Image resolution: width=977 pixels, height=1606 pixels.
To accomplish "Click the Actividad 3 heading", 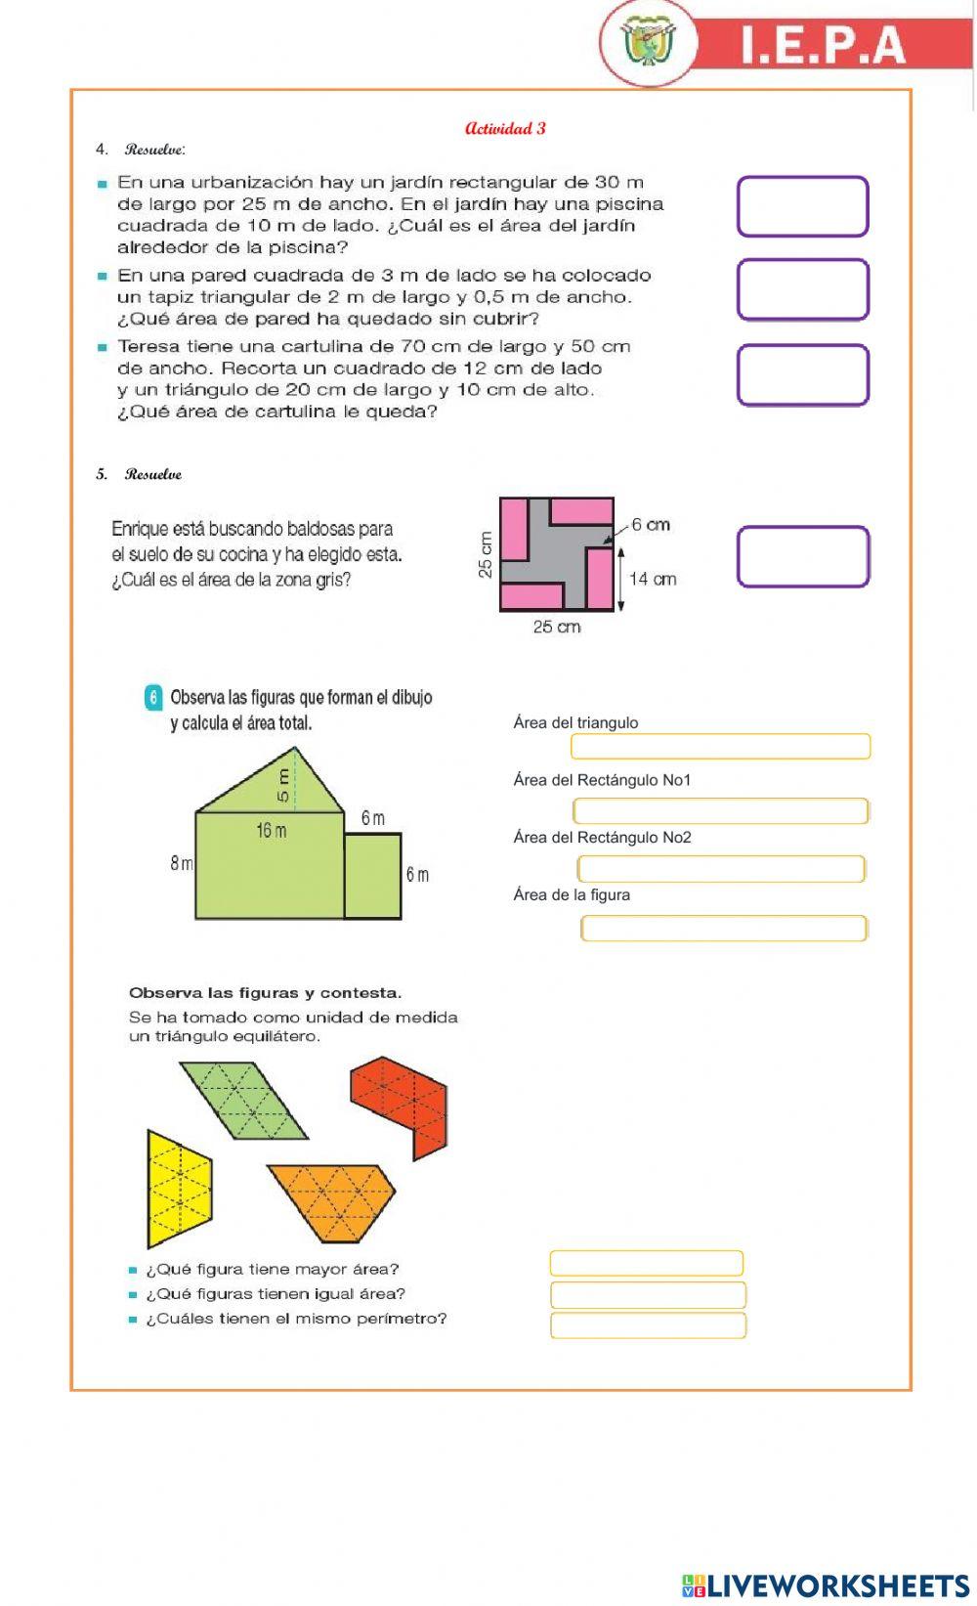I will tap(505, 128).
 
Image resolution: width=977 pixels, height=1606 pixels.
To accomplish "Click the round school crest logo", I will tap(648, 44).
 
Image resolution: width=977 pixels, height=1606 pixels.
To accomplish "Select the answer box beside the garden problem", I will tap(802, 206).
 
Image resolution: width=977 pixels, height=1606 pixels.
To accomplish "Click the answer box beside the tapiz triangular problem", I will tap(802, 289).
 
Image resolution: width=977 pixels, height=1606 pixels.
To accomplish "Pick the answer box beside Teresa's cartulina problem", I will tap(802, 374).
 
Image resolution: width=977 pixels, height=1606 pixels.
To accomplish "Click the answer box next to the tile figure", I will tap(802, 556).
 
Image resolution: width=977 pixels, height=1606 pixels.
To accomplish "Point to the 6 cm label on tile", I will tap(650, 525).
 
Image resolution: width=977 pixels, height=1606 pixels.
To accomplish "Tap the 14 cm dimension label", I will tap(653, 579).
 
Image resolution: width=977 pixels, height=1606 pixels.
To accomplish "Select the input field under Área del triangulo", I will tap(720, 747).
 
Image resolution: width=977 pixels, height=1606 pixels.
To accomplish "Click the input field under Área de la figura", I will tap(723, 928).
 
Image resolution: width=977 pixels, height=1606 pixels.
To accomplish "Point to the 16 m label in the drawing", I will tap(271, 831).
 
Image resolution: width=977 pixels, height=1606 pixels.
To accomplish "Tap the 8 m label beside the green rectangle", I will tap(181, 863).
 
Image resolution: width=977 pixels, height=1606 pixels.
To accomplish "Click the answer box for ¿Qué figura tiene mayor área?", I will tap(646, 1263).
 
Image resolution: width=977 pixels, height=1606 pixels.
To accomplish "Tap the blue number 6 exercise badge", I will tap(153, 698).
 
